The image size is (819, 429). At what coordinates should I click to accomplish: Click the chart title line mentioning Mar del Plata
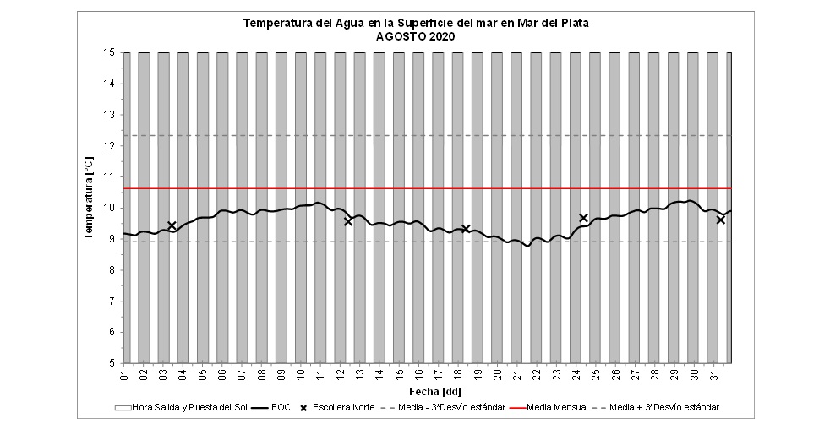coord(416,23)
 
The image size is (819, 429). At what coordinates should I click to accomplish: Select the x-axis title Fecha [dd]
coord(427,392)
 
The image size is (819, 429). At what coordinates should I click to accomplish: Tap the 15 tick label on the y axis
coord(110,52)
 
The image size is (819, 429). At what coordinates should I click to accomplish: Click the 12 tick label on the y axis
coord(110,145)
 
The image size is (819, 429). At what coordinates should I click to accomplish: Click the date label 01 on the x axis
coord(124,374)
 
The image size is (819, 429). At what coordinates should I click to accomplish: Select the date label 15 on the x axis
coord(399,374)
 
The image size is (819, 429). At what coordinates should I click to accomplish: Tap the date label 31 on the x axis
coord(713,374)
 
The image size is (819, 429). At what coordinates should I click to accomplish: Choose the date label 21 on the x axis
coord(516,374)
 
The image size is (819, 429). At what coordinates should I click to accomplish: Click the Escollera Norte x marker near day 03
coord(172,225)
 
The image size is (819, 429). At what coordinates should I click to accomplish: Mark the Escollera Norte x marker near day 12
coord(348,221)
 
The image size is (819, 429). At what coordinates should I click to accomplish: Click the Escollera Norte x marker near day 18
coord(466,229)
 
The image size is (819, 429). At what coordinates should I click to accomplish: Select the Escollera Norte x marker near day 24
coord(583,218)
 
